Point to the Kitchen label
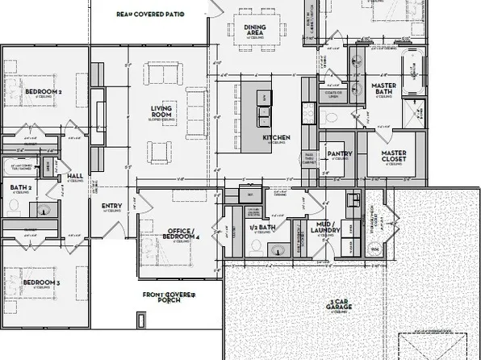coord(276,138)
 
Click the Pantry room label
coord(336,153)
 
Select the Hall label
coord(75,176)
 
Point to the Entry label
coord(112,206)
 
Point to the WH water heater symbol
coord(374,249)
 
